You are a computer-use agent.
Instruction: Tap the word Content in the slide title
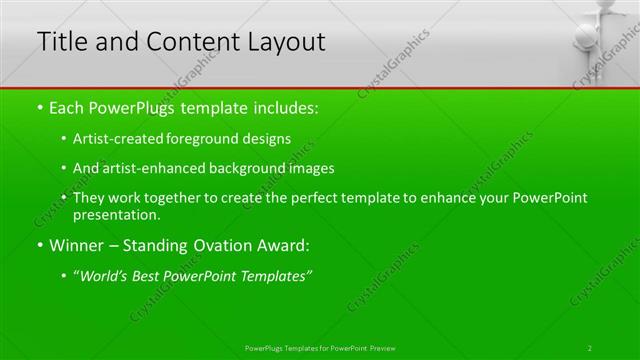tap(186, 42)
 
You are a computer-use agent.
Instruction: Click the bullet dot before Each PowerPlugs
tap(40, 106)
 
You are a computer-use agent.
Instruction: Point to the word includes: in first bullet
tap(285, 106)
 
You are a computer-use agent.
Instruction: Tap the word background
tap(253, 168)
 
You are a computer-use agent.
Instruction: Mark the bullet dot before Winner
tap(40, 245)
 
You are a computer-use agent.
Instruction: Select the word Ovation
tap(217, 245)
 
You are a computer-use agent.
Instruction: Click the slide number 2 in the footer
tap(589, 347)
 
